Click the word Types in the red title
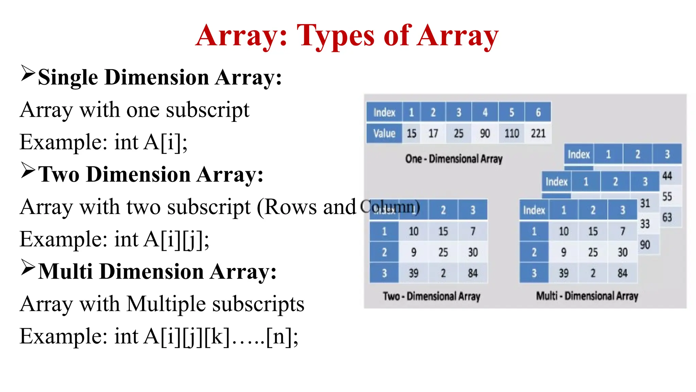tap(335, 36)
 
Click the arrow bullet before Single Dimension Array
tap(28, 73)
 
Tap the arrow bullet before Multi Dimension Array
tap(28, 267)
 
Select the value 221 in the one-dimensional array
tap(538, 133)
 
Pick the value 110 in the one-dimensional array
tap(511, 133)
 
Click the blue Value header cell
tap(384, 133)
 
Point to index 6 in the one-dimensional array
tap(538, 112)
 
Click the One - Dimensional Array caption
tap(454, 159)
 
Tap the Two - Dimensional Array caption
tap(431, 296)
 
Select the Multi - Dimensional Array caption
tap(587, 296)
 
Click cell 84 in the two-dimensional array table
tap(472, 273)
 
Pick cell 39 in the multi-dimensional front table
tap(563, 273)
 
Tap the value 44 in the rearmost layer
tap(667, 176)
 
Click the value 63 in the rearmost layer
tap(667, 217)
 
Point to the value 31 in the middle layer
tap(645, 203)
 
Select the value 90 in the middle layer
tap(645, 245)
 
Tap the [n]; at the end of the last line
tap(282, 337)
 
